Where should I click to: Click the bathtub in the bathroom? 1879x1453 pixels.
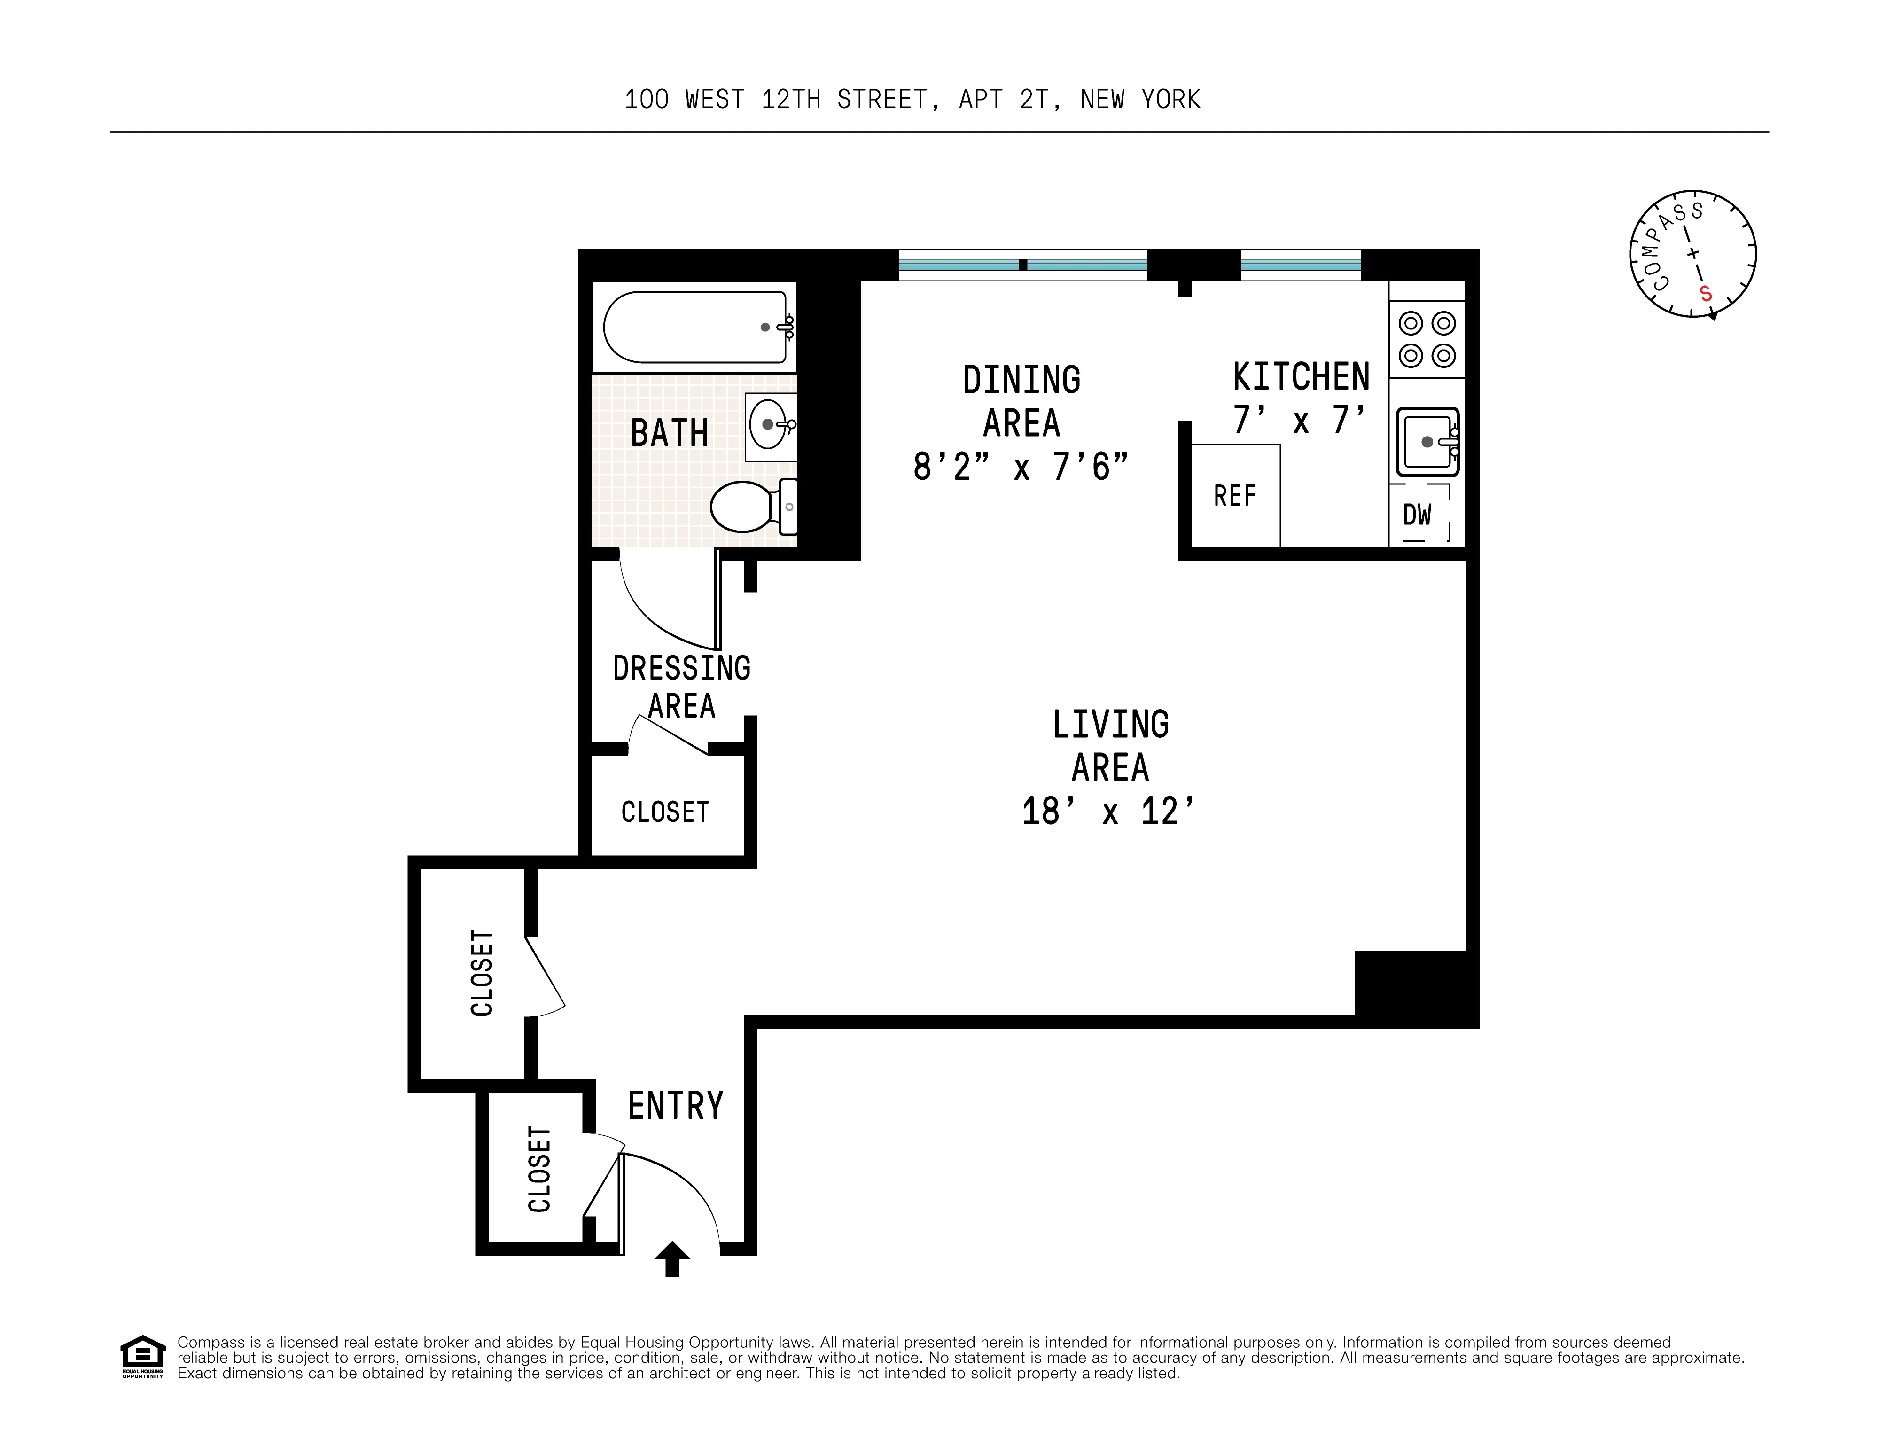click(694, 328)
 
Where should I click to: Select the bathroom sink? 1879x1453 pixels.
click(770, 424)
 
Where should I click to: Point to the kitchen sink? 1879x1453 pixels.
click(1427, 441)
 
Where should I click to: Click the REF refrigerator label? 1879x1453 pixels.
click(1235, 496)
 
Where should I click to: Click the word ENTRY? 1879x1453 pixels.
click(675, 1105)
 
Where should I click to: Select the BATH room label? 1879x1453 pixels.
click(670, 433)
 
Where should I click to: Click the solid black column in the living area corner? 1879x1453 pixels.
click(1415, 988)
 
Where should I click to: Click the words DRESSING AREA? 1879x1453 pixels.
click(681, 687)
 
